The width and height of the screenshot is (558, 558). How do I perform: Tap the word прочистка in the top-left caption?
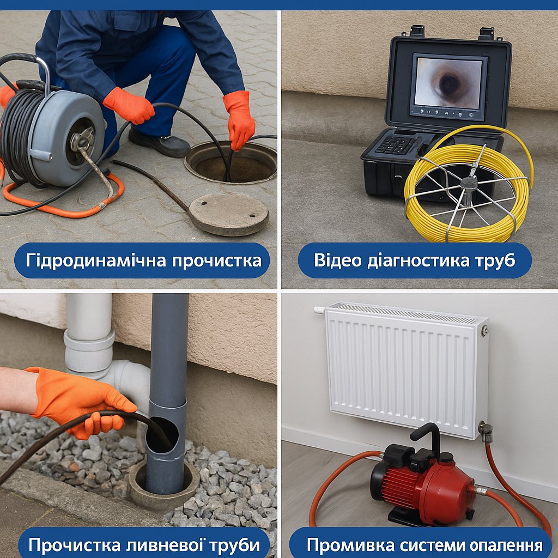pos(217,261)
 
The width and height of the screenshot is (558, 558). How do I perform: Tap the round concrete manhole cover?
pos(229,214)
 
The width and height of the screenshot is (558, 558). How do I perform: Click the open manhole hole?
pos(231,162)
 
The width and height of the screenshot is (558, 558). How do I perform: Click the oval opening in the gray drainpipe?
pos(162,434)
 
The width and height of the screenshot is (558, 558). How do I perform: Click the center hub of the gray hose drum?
pos(82,141)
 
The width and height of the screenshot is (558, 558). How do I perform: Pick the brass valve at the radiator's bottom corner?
pos(484,432)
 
